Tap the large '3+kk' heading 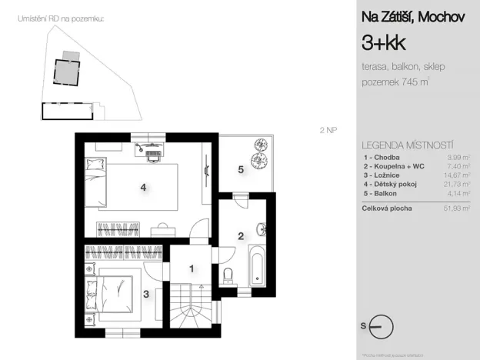tap(382, 41)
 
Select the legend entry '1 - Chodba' tap(382, 157)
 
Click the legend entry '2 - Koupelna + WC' tap(394, 165)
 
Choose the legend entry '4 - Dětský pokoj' tap(390, 184)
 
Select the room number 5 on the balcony tap(240, 169)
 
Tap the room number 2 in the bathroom tap(240, 235)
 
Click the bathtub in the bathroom tap(257, 264)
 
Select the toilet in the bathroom tap(226, 277)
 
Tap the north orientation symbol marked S tap(379, 326)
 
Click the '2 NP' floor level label tap(328, 130)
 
